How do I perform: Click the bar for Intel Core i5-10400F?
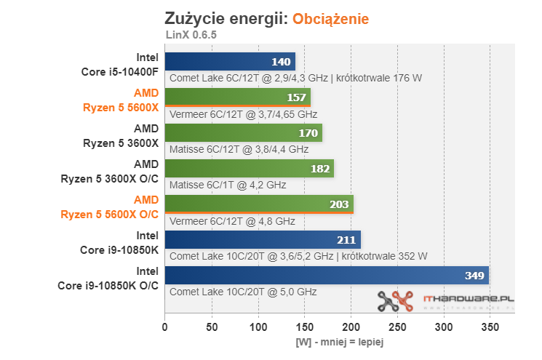[x=230, y=62]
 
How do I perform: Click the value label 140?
[x=281, y=62]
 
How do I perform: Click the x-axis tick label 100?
[x=258, y=327]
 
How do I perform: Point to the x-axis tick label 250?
[x=397, y=327]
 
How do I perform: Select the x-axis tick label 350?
[x=490, y=327]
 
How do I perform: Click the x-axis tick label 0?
[x=165, y=327]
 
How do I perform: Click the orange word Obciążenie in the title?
[x=331, y=18]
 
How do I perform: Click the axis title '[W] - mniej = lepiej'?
[x=340, y=341]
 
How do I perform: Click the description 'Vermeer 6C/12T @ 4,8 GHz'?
[x=232, y=220]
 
